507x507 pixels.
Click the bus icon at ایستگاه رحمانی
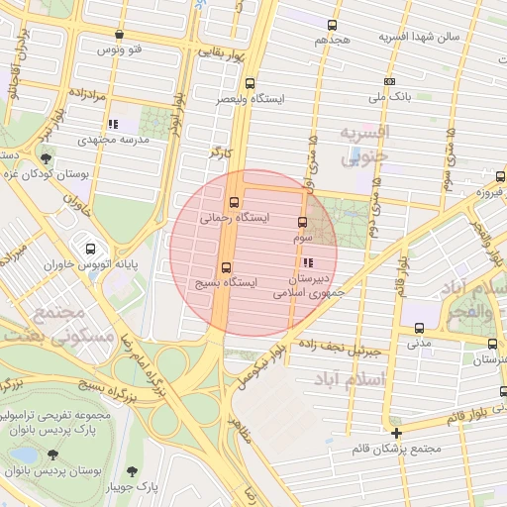tap(235, 204)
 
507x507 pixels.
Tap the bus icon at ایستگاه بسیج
tap(227, 266)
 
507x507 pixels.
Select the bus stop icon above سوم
tap(303, 223)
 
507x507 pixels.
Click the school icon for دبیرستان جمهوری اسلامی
tap(309, 263)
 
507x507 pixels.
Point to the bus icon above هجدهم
tap(333, 26)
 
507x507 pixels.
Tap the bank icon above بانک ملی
tap(390, 82)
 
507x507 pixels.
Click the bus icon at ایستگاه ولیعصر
tap(250, 84)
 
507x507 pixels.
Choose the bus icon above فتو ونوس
tap(120, 35)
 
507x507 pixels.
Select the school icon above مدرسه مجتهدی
tap(113, 124)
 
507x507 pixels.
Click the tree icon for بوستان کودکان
tap(46, 158)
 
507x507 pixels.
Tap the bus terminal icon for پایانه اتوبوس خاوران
tap(91, 249)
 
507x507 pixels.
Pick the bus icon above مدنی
tap(420, 328)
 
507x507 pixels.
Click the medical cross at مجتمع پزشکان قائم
tap(397, 434)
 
